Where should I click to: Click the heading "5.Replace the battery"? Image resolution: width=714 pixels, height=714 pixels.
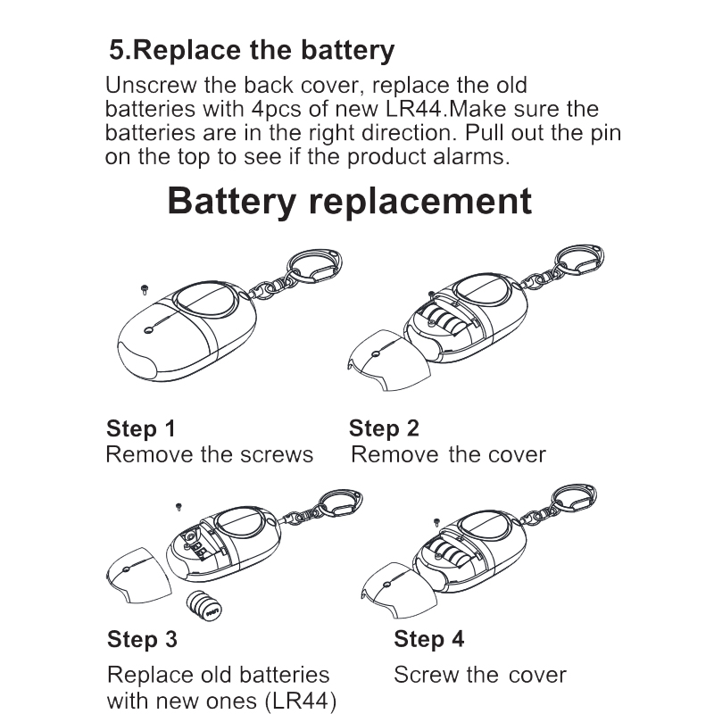[251, 50]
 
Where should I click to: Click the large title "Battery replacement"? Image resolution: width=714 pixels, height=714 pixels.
[349, 201]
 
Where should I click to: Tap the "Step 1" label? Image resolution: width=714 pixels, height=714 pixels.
[141, 428]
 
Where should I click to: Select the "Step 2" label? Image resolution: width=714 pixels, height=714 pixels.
[384, 428]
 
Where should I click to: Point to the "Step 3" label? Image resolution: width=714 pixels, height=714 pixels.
[142, 639]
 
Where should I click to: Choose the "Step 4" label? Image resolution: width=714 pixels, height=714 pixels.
[428, 639]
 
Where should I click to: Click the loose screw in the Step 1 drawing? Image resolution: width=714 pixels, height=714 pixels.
[144, 287]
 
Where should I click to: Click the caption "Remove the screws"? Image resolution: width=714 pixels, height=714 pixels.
[210, 454]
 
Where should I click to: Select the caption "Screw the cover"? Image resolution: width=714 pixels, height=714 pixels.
[479, 674]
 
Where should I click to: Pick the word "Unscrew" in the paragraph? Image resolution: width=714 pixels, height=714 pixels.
[145, 87]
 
